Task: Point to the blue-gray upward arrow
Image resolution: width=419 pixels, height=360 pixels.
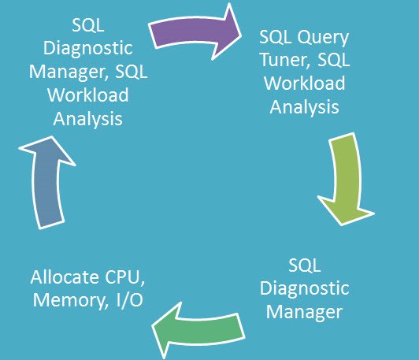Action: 46,184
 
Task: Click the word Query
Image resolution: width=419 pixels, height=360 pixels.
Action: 323,38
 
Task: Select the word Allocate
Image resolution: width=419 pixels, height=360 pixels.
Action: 65,277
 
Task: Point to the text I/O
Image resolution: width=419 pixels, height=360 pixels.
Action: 129,300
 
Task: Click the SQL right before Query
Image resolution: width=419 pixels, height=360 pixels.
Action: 275,36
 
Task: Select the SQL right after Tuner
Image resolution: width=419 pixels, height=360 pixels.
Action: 333,60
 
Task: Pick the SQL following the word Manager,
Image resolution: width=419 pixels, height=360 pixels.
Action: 131,72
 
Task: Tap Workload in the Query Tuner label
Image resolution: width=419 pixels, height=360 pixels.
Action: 304,84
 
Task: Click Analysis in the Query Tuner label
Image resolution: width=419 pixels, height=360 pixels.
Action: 304,107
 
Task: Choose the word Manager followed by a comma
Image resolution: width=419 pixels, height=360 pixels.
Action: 69,72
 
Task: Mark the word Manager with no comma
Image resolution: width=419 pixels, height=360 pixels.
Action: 304,312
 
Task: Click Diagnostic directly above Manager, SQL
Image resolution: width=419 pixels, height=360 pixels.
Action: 88,48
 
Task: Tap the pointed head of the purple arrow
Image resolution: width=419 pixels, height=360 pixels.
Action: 241,35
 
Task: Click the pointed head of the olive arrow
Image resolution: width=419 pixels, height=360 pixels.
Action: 342,225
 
